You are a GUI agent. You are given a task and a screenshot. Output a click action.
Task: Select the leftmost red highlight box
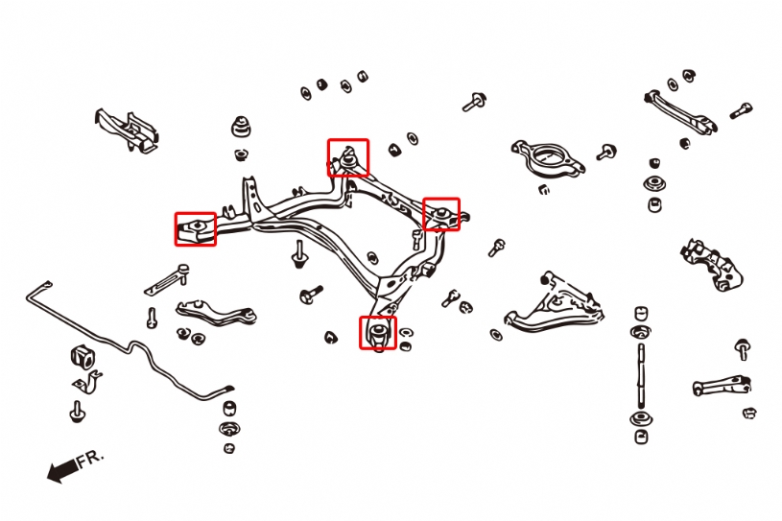pyautogui.click(x=195, y=228)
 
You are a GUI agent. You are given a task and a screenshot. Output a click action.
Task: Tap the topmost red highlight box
pyautogui.click(x=347, y=157)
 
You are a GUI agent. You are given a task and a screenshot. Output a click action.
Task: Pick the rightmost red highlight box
pyautogui.click(x=441, y=214)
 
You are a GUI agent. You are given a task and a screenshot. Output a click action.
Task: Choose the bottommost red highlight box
pyautogui.click(x=378, y=332)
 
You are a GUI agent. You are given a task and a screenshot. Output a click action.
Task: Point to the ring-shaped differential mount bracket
pyautogui.click(x=546, y=157)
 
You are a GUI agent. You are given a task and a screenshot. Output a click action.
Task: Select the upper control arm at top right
pyautogui.click(x=680, y=109)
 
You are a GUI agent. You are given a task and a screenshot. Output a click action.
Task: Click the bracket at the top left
pyautogui.click(x=127, y=130)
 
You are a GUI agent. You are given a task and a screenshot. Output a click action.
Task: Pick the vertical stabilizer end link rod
pyautogui.click(x=639, y=374)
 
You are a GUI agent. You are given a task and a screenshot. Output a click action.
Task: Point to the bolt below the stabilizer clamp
pyautogui.click(x=77, y=413)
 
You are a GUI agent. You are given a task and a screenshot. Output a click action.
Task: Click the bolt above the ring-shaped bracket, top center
pyautogui.click(x=474, y=102)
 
